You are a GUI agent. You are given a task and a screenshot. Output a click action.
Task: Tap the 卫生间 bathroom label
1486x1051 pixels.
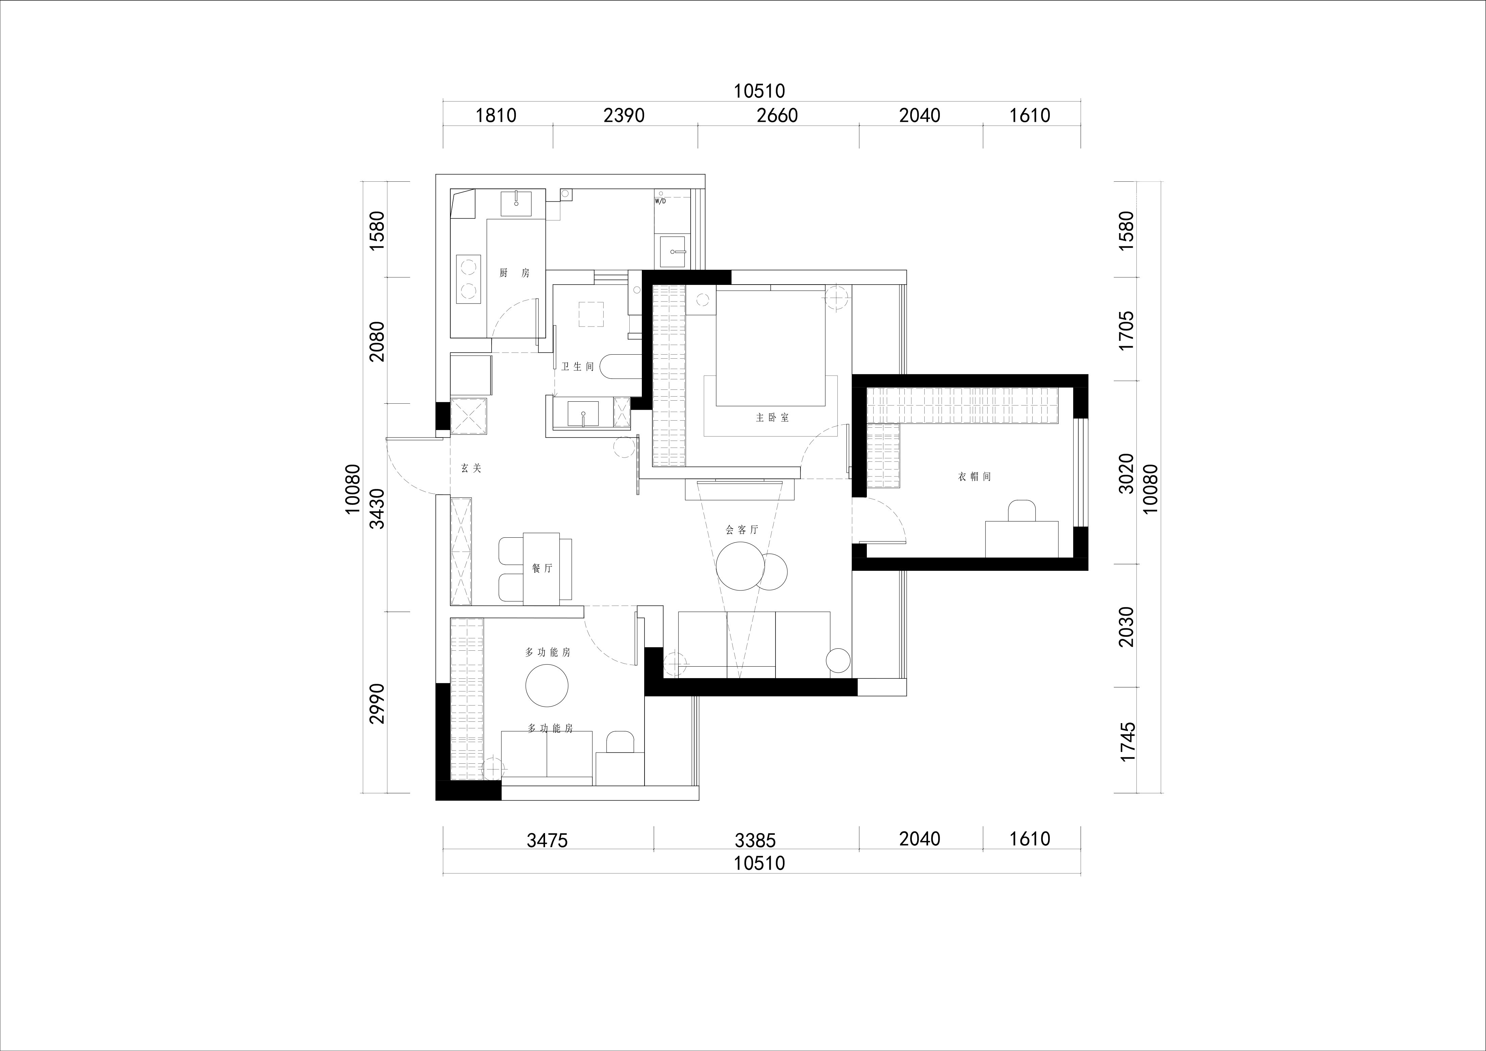coord(578,367)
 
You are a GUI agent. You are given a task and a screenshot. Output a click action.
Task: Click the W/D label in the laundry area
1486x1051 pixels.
coord(660,201)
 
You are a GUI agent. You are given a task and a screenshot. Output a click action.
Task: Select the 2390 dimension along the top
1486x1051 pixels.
coord(624,116)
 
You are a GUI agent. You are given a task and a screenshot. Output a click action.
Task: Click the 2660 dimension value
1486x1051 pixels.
coord(777,116)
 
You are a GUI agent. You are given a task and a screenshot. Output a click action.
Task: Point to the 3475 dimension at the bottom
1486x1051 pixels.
coord(547,841)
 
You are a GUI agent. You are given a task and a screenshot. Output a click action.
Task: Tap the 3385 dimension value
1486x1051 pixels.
coord(755,841)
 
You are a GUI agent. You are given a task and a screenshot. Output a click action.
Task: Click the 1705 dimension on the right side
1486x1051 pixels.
coord(1127,331)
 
